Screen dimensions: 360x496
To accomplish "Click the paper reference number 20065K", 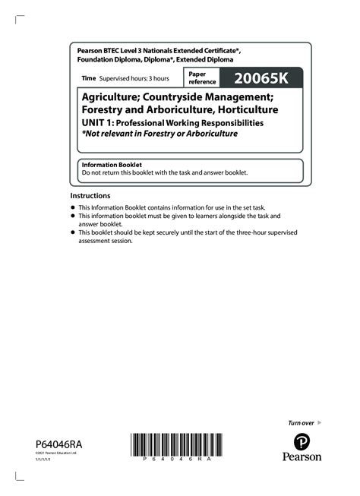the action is tap(263, 78).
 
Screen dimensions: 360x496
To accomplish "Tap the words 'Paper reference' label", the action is tap(203, 78).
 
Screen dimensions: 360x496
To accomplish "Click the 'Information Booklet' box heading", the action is tap(112, 165).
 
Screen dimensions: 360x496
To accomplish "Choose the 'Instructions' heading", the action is tap(90, 195).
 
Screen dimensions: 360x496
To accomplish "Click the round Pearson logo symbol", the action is tap(302, 440).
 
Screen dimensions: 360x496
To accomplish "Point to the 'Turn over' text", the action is tap(301, 422).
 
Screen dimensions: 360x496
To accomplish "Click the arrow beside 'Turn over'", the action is tap(319, 422).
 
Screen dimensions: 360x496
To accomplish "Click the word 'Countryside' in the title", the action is tap(178, 97).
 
